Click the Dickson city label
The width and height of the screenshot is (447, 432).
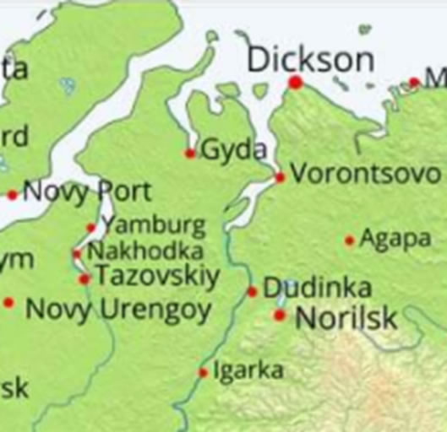pos(310,60)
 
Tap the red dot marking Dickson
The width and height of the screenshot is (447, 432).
pos(295,82)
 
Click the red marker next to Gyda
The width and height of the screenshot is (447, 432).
pos(189,154)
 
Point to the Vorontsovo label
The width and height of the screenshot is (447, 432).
pos(365,175)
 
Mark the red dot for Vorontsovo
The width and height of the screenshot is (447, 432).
pos(280,177)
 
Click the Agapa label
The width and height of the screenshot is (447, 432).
pos(395,239)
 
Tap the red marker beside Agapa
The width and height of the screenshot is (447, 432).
pos(349,240)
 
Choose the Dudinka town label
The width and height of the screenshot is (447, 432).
pos(305,289)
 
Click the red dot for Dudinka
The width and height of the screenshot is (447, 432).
pos(252,292)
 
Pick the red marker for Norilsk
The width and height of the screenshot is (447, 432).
pos(280,315)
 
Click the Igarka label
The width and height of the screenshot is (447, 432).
pos(248,370)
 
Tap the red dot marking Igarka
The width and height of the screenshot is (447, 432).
pos(203,372)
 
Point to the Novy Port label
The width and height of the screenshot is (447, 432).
pos(87,192)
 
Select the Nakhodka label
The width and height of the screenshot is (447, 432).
pos(145,251)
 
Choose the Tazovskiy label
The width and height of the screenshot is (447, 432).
pos(157,276)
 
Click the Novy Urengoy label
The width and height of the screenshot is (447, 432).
pos(117,310)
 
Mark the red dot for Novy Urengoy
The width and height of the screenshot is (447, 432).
pos(8,302)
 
